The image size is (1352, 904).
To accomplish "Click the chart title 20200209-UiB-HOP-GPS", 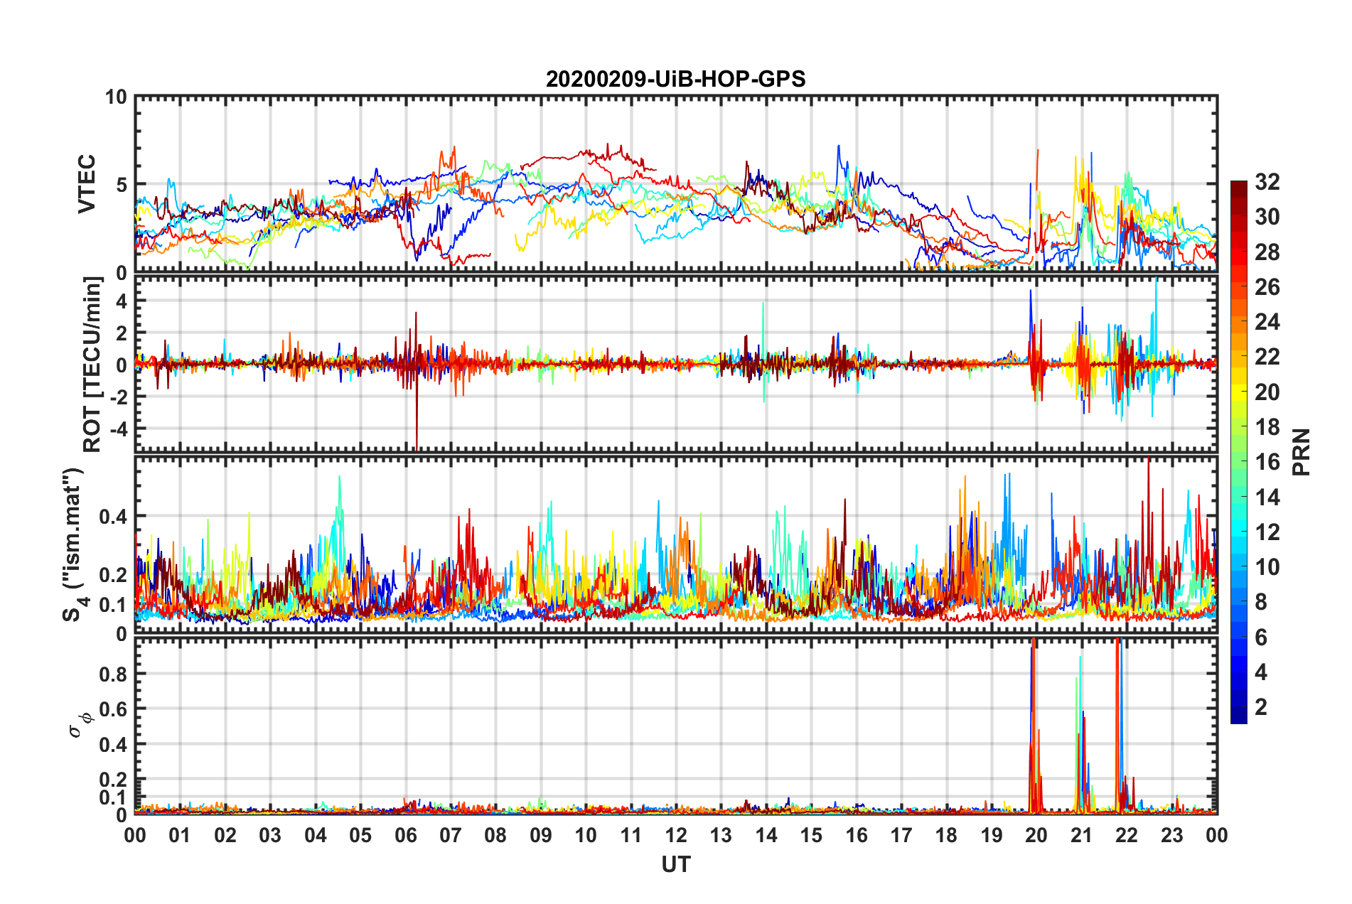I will pos(675,79).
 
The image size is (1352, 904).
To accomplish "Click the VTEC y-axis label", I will pos(87,184).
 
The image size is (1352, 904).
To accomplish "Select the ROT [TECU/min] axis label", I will pos(92,365).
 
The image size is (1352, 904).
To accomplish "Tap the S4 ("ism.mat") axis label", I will pos(74,545).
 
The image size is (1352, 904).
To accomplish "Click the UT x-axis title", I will pos(675,864).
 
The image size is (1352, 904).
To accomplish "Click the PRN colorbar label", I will pos(1302,452).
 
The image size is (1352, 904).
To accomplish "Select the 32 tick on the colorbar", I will pos(1267,182).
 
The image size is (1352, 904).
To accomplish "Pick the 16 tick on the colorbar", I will pos(1267,462).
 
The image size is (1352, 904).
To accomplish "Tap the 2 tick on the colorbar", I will pos(1262,706).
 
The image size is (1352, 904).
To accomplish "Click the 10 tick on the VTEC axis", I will pos(115,97).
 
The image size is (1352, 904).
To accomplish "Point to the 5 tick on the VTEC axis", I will pos(121,185).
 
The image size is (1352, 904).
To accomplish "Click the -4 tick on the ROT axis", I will pos(118,429).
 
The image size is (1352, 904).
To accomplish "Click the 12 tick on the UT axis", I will pos(676,835).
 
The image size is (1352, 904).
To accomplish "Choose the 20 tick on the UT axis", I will pos(1036,835).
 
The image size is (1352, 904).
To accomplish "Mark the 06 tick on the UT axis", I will pos(405,835).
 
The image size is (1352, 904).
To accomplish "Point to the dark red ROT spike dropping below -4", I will pos(417,434).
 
